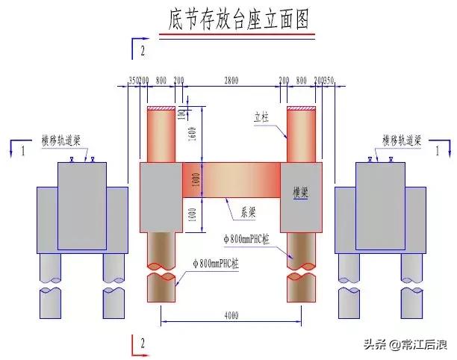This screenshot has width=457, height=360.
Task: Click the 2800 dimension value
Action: pos(231,79)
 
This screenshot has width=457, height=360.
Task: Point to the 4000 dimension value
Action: pos(231,316)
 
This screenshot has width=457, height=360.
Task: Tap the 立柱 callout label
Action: pos(261,117)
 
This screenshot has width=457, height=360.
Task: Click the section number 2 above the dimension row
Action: pos(142,52)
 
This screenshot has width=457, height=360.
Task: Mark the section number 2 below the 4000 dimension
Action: pos(142,344)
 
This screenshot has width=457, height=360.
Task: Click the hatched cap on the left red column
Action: pos(161,110)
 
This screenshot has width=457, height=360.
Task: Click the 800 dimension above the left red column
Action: pos(161,79)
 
